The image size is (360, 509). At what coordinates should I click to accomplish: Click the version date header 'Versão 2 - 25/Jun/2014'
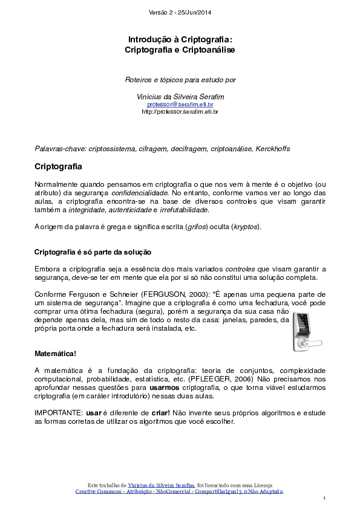coord(180,13)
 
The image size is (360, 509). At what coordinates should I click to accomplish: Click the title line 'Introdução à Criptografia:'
coord(180,39)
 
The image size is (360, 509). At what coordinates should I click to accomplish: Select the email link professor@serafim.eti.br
coord(180,105)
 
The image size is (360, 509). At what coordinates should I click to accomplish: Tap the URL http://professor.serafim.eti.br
coord(180,112)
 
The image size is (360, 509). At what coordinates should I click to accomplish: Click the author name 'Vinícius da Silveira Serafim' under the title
coord(180,97)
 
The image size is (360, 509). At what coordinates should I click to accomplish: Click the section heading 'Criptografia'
coord(58,166)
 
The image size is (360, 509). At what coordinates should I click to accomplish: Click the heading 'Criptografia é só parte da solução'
coord(93,251)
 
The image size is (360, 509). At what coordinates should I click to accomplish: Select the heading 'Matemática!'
coord(55,353)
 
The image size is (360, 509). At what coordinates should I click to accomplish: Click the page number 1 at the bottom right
coord(324,498)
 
